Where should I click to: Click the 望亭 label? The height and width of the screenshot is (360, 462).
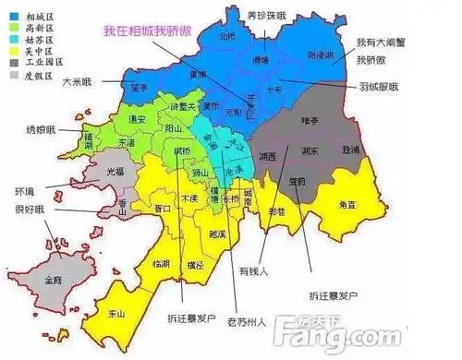139,88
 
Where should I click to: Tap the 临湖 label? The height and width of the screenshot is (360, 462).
161,264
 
